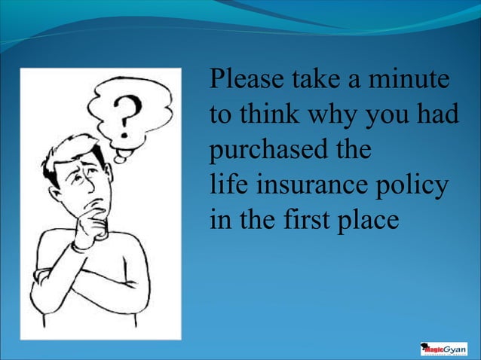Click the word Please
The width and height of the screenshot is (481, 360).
(x=245, y=79)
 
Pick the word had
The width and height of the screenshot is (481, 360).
(x=435, y=114)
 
